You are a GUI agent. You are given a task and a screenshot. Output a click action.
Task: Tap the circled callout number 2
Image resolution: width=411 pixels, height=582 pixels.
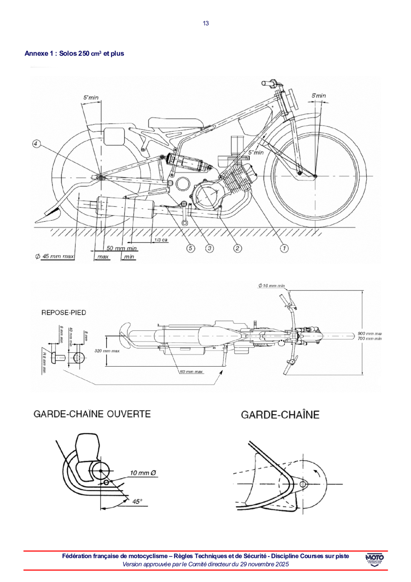pyautogui.click(x=237, y=248)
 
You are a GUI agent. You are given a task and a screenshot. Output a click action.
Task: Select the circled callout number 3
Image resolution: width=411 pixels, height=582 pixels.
pyautogui.click(x=209, y=248)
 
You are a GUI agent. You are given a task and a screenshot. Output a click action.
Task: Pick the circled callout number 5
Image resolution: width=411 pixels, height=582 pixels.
pyautogui.click(x=191, y=248)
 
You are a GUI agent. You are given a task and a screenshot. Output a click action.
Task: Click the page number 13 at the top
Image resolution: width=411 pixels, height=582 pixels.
pyautogui.click(x=206, y=23)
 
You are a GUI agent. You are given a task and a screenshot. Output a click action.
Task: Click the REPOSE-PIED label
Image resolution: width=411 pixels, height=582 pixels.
pyautogui.click(x=64, y=312)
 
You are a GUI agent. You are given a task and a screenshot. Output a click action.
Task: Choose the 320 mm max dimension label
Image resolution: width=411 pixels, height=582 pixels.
pyautogui.click(x=107, y=351)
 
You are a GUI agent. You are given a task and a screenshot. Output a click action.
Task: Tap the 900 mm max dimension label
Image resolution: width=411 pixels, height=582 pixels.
pyautogui.click(x=370, y=334)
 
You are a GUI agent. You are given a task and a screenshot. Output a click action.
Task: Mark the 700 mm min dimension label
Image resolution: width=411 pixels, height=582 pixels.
pyautogui.click(x=370, y=339)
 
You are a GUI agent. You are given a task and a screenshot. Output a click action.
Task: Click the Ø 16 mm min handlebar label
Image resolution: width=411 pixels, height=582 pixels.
pyautogui.click(x=271, y=285)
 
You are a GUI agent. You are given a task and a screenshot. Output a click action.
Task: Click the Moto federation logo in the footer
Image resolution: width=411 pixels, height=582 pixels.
pyautogui.click(x=375, y=560)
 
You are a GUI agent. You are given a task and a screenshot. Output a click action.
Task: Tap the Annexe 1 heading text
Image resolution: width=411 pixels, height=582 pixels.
pyautogui.click(x=74, y=53)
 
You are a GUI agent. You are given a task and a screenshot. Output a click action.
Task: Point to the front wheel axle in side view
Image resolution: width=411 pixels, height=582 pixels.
pyautogui.click(x=316, y=176)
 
